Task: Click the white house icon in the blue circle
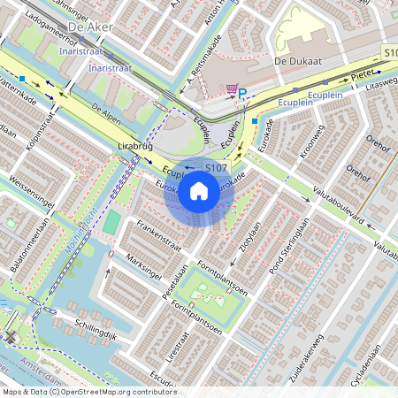pyautogui.click(x=199, y=189)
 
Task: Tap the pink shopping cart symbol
pyautogui.click(x=232, y=89)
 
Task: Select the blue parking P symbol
pyautogui.click(x=246, y=92)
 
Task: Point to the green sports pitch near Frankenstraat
pyautogui.click(x=111, y=222)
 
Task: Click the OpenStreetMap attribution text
pyautogui.click(x=89, y=391)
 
